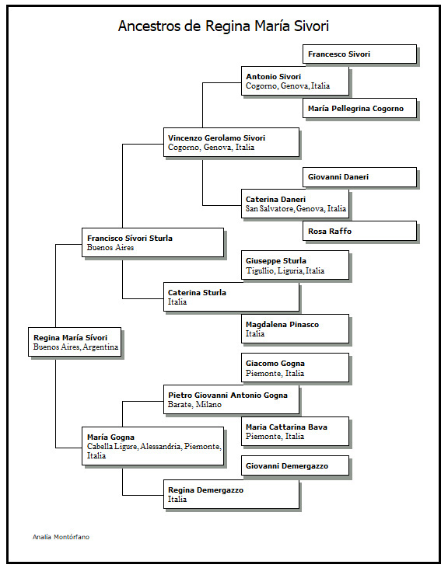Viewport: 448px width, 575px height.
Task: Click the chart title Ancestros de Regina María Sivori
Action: [223, 26]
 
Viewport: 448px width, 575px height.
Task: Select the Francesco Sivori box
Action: [359, 54]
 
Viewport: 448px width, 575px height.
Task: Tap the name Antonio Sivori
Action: [273, 77]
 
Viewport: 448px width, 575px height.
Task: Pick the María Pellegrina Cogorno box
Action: [359, 108]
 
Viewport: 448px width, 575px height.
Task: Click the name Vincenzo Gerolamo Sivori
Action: [216, 138]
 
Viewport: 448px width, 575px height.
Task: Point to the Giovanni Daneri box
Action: [359, 177]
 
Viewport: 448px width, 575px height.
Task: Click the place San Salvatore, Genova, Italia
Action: [296, 209]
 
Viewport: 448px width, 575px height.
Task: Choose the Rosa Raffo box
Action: [359, 231]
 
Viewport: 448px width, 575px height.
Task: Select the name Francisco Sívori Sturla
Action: [130, 239]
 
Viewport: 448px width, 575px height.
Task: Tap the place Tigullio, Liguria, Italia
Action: [285, 270]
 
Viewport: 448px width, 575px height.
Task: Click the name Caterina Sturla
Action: [197, 293]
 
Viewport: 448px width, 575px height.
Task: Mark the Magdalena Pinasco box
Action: [295, 329]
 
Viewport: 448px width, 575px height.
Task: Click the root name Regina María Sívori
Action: [70, 338]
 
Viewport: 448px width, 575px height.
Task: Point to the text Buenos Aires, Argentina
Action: [75, 347]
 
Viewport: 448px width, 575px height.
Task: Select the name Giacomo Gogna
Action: [275, 364]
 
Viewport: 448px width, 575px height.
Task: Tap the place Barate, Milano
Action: [194, 405]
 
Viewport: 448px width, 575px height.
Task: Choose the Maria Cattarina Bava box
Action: [295, 431]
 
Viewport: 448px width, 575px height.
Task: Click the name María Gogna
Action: [110, 437]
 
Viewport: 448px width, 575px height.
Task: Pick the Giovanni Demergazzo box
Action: [295, 465]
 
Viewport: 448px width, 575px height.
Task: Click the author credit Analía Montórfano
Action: [61, 537]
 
